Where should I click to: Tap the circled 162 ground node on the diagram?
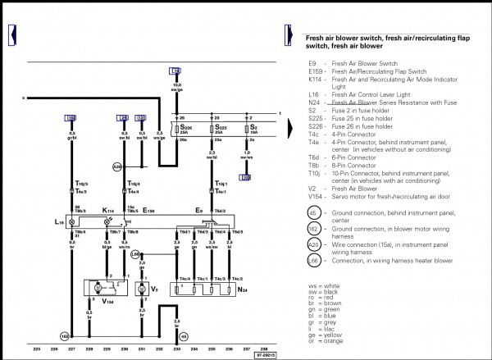(x=63, y=336)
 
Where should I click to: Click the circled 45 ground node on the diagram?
(x=183, y=336)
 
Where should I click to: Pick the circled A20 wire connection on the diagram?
(x=117, y=166)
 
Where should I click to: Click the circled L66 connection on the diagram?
(x=136, y=255)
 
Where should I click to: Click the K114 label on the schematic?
(x=107, y=210)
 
